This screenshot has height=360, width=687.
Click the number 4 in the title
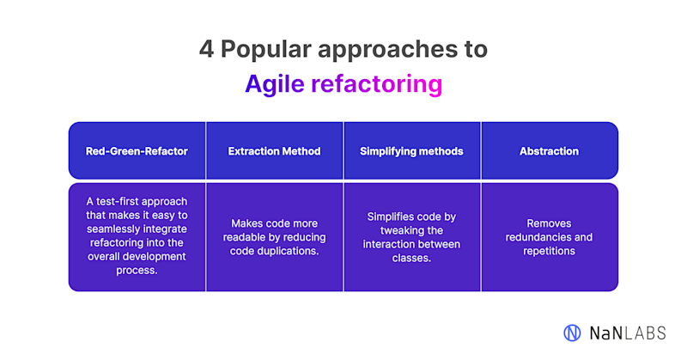tap(205, 49)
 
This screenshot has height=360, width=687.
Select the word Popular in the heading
tap(261, 49)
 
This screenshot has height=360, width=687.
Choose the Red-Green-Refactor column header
tap(137, 151)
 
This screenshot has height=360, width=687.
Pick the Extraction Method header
tap(274, 151)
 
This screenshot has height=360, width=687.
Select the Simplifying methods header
tap(411, 151)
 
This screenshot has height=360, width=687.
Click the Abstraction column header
tap(549, 151)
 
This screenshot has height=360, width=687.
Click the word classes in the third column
tap(411, 258)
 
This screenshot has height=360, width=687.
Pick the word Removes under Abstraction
tap(549, 223)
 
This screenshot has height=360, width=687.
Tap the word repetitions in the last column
tap(549, 251)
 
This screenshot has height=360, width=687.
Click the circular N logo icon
tap(572, 332)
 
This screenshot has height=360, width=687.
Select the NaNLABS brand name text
tap(627, 332)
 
